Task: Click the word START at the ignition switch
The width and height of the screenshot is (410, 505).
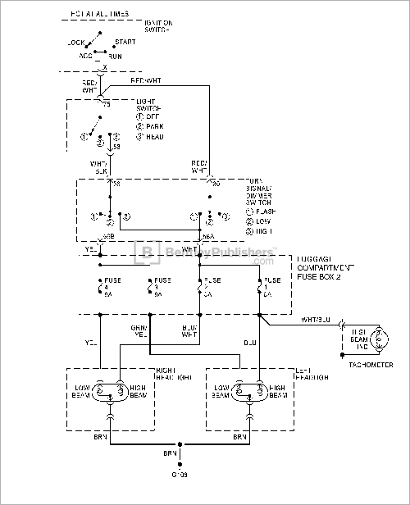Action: [x=125, y=41]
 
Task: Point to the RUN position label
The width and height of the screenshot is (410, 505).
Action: [x=116, y=57]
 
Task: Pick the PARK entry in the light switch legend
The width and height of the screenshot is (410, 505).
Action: [x=149, y=127]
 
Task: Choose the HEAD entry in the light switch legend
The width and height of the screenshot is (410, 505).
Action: [x=149, y=136]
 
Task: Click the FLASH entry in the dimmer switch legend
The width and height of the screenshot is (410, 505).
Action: [x=256, y=212]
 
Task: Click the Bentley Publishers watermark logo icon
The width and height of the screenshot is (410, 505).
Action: [x=148, y=252]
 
